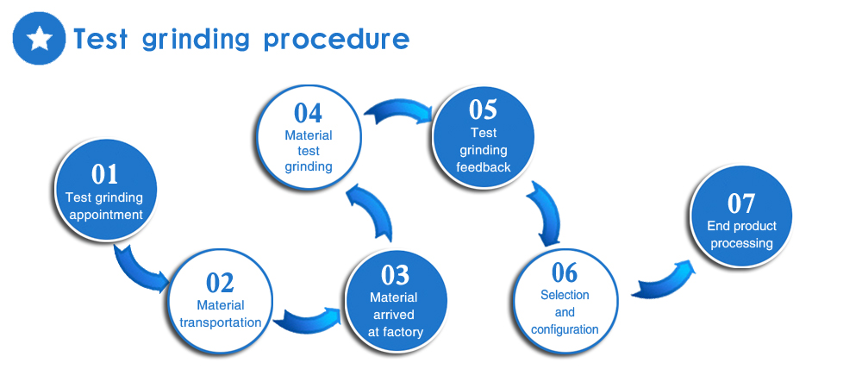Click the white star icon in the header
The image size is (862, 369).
point(40,38)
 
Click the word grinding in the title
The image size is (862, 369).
point(195,40)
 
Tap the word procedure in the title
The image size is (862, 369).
point(336,40)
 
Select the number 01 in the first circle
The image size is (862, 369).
point(105,174)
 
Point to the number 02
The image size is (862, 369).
point(220,283)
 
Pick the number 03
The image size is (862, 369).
point(396,276)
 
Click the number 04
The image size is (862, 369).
point(308,113)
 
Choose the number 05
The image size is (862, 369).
point(484,109)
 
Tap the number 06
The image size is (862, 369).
point(565,272)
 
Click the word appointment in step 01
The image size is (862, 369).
point(106,215)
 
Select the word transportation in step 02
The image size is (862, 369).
point(221,322)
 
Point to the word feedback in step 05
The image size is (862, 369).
point(484,167)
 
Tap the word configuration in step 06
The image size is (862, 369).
point(565,330)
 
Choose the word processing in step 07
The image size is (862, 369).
point(741,244)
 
